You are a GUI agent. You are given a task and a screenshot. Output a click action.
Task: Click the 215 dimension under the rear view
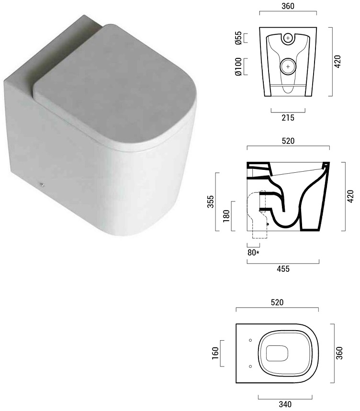click(x=288, y=118)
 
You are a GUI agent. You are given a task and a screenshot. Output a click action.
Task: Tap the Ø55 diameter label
click(x=238, y=38)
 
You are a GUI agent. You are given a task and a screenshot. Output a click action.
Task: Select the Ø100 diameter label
click(x=238, y=67)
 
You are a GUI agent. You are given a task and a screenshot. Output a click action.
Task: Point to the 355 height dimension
click(x=211, y=201)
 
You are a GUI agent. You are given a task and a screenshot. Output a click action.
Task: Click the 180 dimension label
click(x=226, y=216)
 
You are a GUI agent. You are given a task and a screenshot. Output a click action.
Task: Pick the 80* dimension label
click(x=253, y=253)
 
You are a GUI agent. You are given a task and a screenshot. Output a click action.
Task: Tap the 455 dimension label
click(x=283, y=269)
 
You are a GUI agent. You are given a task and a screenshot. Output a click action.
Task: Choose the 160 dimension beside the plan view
click(x=215, y=353)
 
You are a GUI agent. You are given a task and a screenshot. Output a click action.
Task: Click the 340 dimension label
click(x=285, y=404)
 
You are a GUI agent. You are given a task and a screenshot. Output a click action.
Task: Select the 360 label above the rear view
click(x=288, y=6)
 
